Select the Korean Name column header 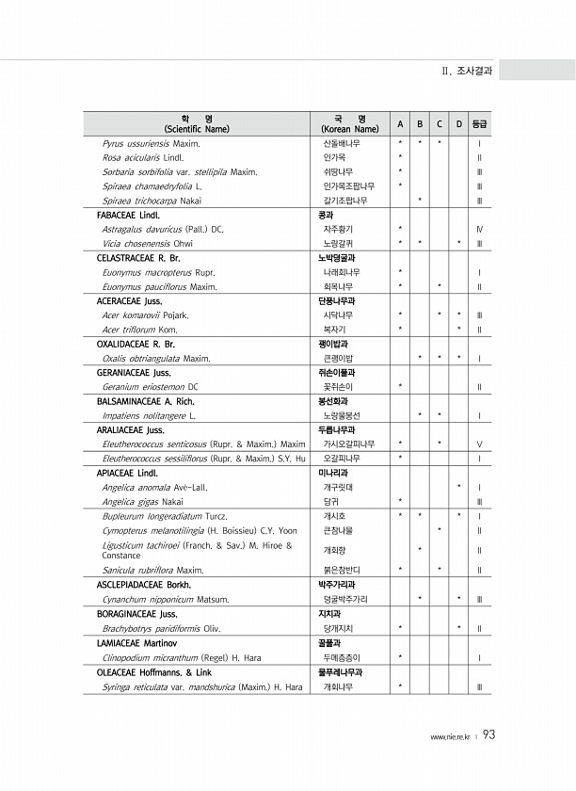click(349, 123)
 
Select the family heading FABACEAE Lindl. click(129, 215)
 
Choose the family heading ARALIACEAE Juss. click(131, 429)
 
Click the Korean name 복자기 click(335, 330)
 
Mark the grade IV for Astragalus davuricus click(480, 229)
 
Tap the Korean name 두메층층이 click(343, 657)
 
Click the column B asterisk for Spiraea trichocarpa click(419, 200)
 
